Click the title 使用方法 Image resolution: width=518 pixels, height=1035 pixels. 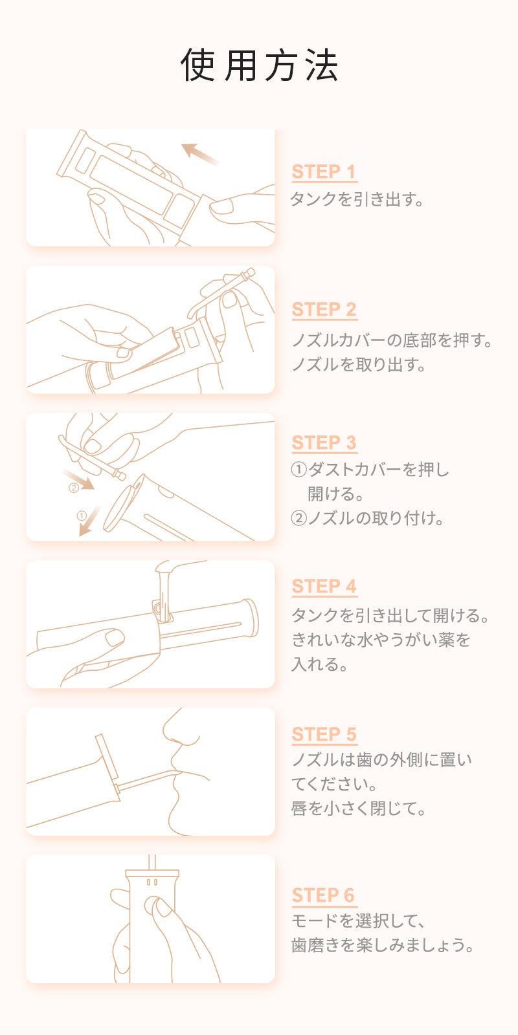point(259,65)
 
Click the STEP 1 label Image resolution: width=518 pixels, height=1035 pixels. point(324,172)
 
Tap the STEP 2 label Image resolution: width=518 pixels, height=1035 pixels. point(324,310)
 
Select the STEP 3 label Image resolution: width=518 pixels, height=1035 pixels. point(324,443)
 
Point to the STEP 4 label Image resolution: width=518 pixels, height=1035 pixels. point(324,587)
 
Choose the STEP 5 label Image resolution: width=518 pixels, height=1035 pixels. point(324,735)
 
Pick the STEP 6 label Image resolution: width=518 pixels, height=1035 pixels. point(323,895)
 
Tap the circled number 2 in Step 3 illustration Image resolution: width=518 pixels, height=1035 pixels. point(73,488)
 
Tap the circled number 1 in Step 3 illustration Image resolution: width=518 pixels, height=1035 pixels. point(82,516)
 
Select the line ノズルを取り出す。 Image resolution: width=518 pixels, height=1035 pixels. point(359,365)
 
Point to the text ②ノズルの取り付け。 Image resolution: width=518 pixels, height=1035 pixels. point(368,518)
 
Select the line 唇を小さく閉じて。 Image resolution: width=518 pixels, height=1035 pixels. point(359,809)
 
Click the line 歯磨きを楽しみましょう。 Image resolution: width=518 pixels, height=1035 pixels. point(383,945)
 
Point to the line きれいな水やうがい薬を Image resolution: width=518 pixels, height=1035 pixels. point(381,640)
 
